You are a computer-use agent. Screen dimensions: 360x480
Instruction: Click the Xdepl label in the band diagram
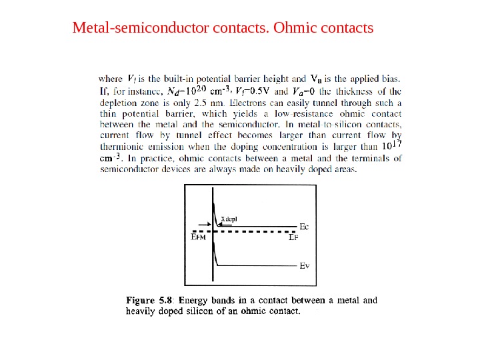[x=229, y=219]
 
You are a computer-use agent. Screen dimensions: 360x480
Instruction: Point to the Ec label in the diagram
[x=305, y=227]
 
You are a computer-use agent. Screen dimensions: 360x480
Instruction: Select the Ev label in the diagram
[x=304, y=265]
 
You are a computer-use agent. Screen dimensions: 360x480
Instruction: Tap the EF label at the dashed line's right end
[x=293, y=237]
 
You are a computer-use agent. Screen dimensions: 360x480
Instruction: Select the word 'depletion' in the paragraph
[x=119, y=103]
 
